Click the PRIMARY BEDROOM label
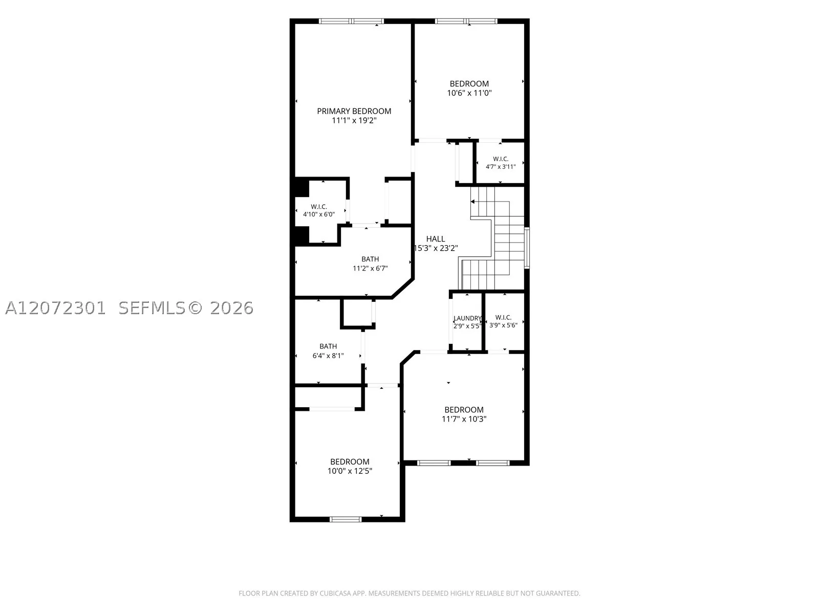354,111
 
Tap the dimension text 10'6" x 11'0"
469,93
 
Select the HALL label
436,239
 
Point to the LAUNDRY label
467,318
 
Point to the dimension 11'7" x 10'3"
464,419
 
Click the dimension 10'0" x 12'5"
350,471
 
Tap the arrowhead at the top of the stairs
472,202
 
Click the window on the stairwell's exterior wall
527,248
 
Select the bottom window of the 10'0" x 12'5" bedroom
346,519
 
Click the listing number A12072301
55,309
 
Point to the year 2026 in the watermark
232,309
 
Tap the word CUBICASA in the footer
335,593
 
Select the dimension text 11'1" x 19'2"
354,120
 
